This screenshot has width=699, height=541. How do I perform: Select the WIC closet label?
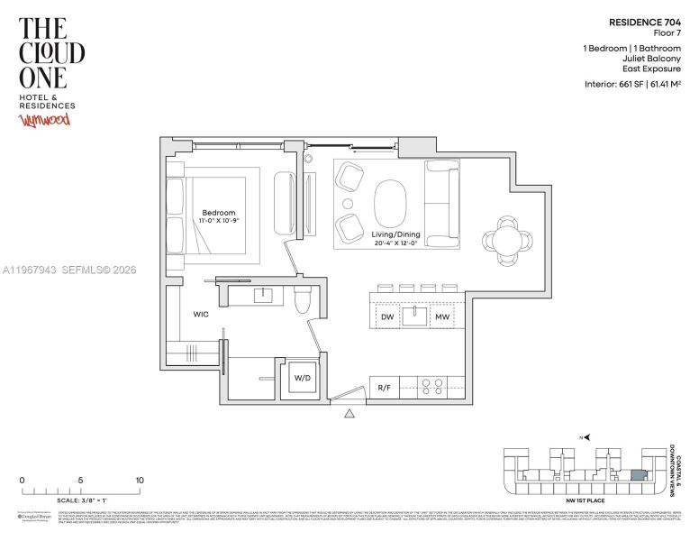[x=201, y=315]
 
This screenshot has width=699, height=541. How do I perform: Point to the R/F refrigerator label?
[x=384, y=388]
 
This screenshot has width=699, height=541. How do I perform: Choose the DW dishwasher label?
[x=386, y=316]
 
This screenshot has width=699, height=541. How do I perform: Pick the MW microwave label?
[x=441, y=316]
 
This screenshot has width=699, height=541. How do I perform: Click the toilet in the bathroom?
[x=303, y=302]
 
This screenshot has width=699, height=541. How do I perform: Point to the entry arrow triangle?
[x=349, y=414]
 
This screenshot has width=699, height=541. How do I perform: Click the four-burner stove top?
[x=432, y=388]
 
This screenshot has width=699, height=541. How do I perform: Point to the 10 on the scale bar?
[x=139, y=481]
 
